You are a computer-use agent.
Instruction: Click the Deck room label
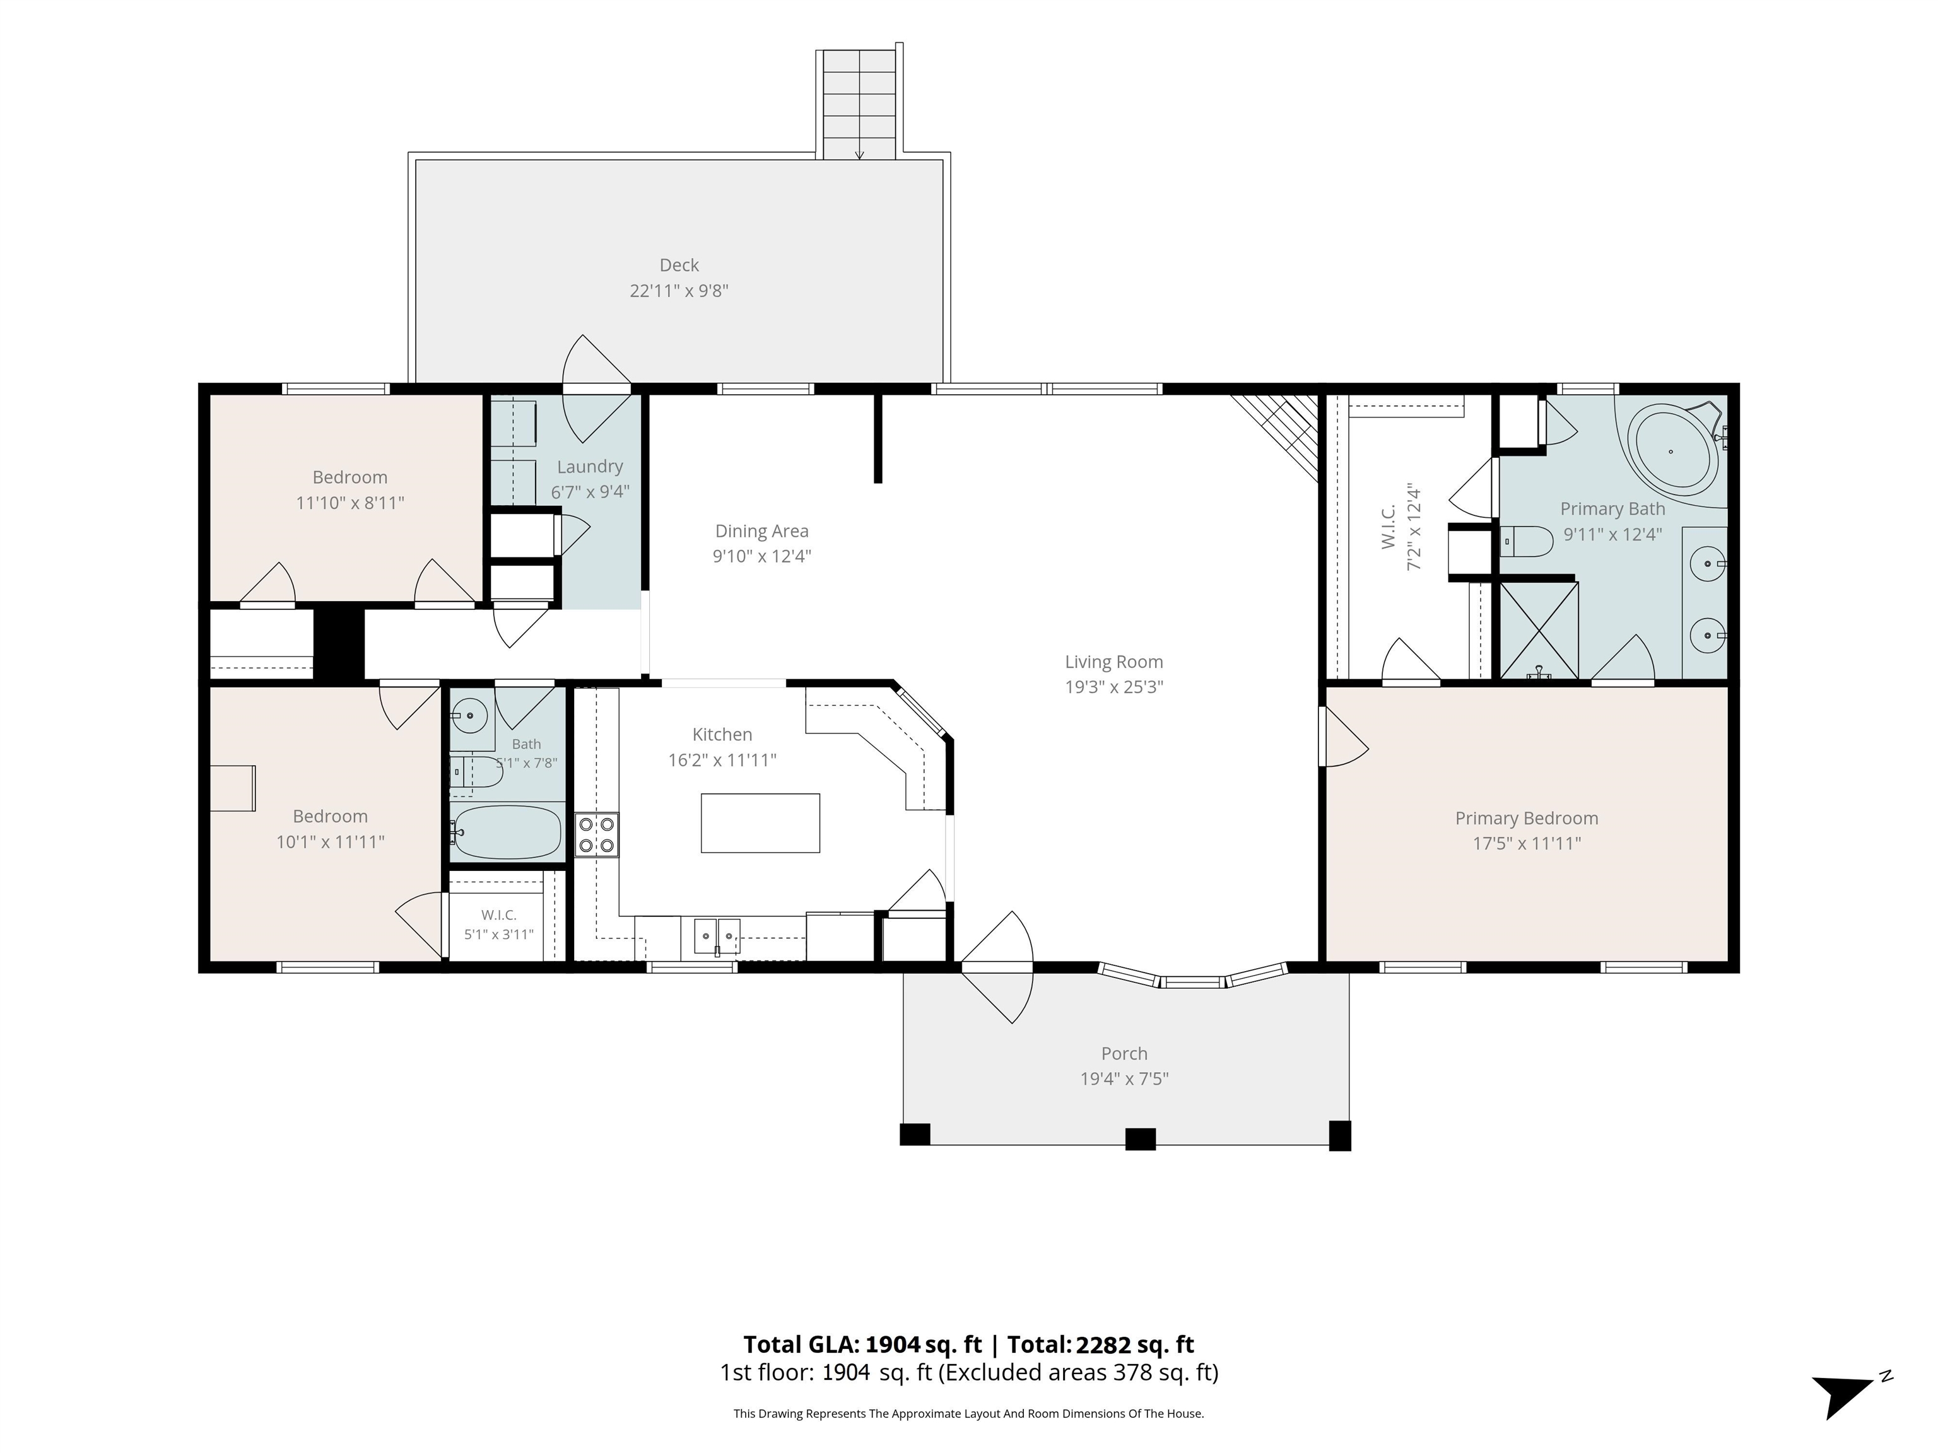tap(679, 264)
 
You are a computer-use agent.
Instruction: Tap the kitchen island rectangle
tap(760, 823)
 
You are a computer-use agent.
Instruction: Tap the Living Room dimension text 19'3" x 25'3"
tap(1113, 687)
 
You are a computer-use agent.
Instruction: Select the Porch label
tap(1124, 1054)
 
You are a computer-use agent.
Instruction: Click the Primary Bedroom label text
tap(1526, 818)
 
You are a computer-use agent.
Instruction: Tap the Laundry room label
tap(590, 467)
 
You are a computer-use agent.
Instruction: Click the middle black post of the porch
tap(1140, 1138)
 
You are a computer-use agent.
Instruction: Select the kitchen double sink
tap(717, 935)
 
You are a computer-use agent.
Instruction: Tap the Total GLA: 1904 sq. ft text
tap(863, 1345)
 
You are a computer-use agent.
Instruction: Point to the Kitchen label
tap(722, 735)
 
